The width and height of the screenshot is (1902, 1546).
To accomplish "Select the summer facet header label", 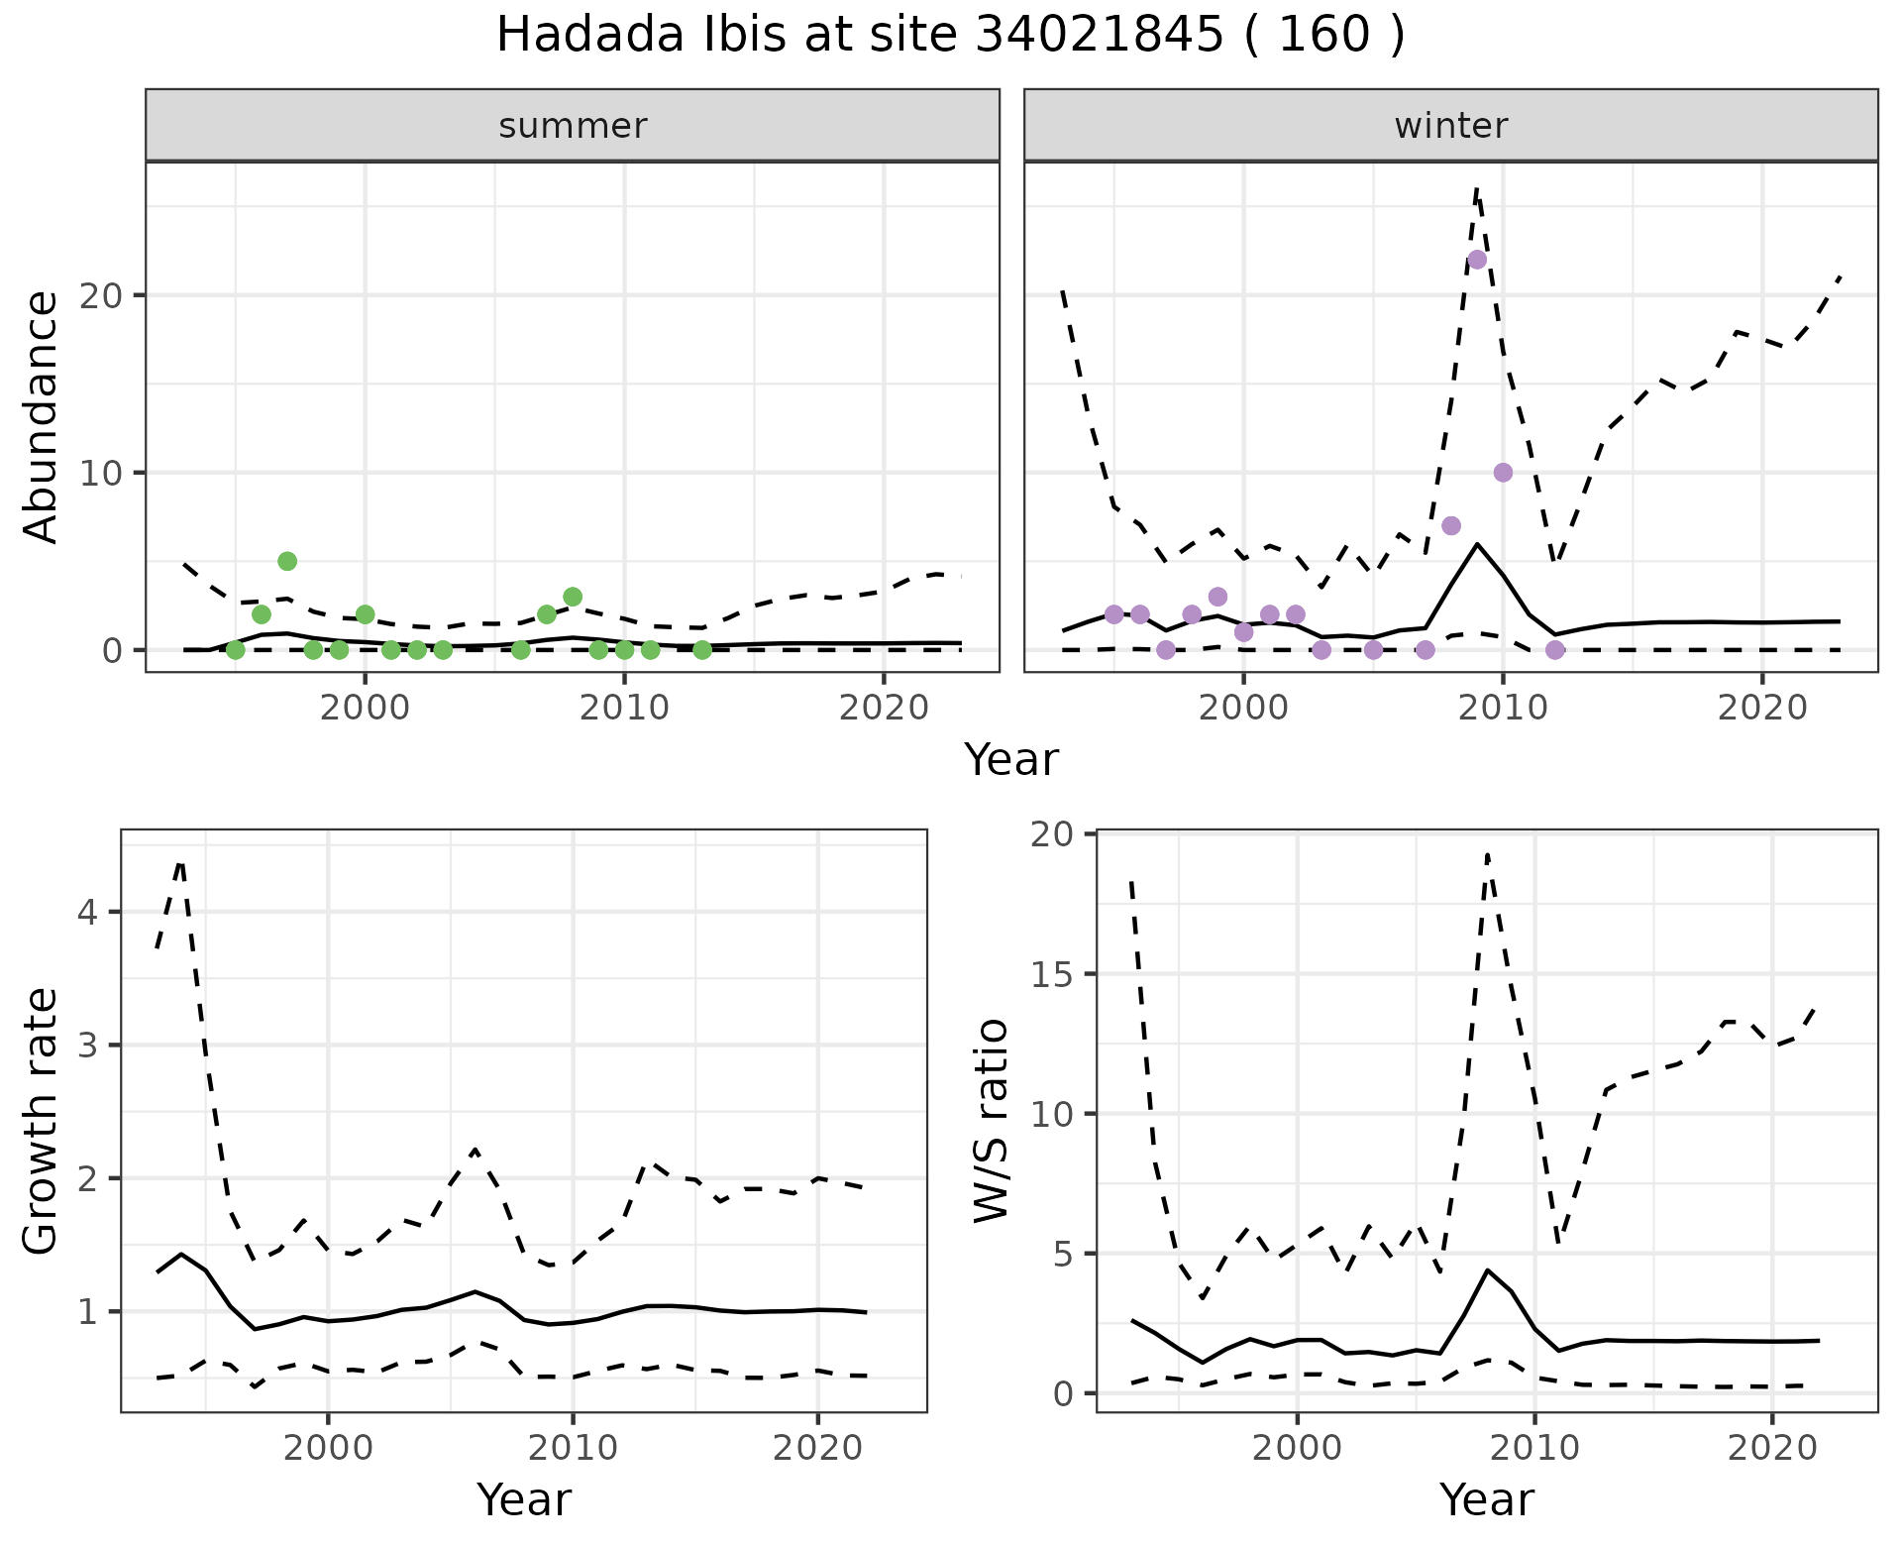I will (573, 126).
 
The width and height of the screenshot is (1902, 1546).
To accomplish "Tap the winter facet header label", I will (1450, 126).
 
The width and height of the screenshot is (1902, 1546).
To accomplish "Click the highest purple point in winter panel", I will (1477, 260).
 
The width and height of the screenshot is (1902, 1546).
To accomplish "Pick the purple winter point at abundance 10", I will (1503, 473).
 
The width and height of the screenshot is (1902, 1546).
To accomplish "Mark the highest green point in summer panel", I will (287, 561).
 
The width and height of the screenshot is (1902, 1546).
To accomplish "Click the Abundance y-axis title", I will (42, 417).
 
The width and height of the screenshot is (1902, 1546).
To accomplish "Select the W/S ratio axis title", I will (992, 1121).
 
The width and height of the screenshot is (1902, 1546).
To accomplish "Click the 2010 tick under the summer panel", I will (624, 708).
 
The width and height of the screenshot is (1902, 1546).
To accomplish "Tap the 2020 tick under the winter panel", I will (1761, 708).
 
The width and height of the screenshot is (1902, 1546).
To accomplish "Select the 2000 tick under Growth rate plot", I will (329, 1448).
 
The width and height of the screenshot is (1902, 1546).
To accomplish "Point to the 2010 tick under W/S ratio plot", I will (1534, 1448).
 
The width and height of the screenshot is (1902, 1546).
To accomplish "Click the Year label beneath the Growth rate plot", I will (524, 1499).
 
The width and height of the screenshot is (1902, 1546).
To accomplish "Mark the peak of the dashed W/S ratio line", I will (1488, 853).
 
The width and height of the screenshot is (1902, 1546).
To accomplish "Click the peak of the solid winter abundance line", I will (1477, 543).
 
